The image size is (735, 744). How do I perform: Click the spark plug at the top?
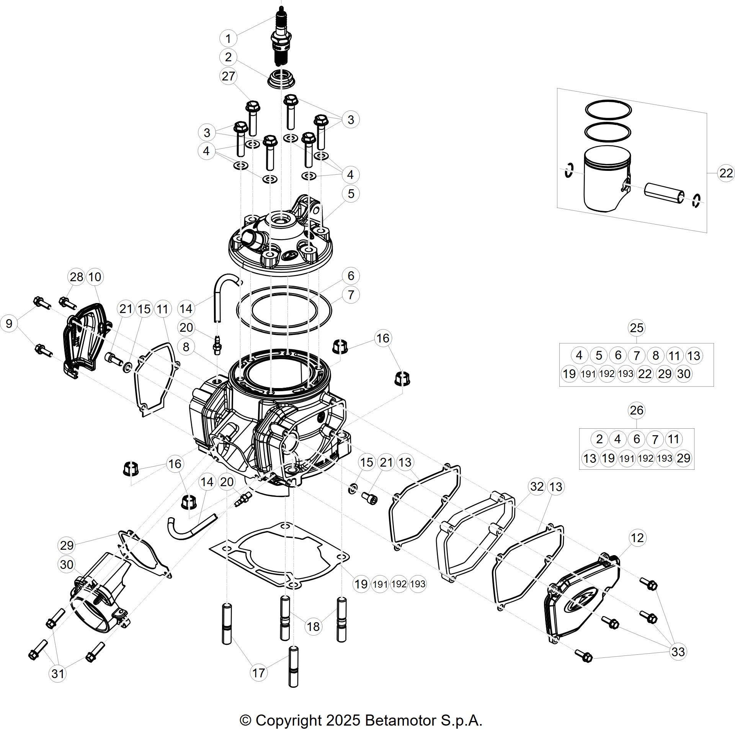[281, 39]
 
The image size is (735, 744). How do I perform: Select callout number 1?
[228, 39]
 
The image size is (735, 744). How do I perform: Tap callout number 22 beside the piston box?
[726, 173]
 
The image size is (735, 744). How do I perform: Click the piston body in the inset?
[607, 179]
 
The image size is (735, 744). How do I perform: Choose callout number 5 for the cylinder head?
[351, 194]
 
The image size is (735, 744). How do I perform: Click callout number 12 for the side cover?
[637, 538]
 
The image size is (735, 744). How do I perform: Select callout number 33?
[678, 652]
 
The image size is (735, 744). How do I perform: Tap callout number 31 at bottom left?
[58, 674]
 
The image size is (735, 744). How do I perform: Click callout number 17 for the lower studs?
[258, 673]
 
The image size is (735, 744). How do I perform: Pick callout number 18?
[313, 626]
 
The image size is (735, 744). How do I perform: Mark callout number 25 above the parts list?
[637, 328]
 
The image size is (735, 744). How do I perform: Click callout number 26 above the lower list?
[637, 410]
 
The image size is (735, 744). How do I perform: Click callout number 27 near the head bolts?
[228, 76]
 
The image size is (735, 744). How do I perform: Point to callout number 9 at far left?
[9, 323]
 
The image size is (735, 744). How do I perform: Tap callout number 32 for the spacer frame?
[537, 487]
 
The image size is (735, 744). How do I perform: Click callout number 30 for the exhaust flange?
[67, 565]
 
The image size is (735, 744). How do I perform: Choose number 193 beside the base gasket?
[418, 584]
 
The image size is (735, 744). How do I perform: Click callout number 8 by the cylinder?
[186, 347]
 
